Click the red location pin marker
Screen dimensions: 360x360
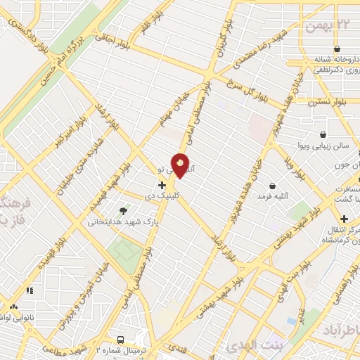pos(181,165)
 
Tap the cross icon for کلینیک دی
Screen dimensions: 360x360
pos(162,185)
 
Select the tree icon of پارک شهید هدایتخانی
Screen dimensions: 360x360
pos(124,210)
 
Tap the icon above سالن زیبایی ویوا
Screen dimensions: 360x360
pos(323,134)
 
